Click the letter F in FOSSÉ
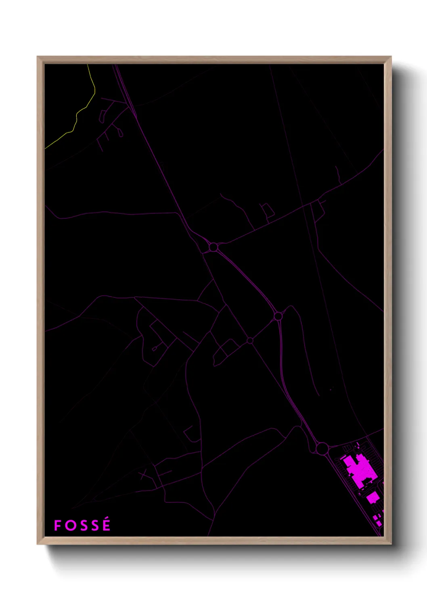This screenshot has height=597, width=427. click(57, 526)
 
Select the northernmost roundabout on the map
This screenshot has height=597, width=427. click(213, 247)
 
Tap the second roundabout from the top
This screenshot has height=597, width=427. click(278, 316)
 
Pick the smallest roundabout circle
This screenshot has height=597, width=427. click(250, 341)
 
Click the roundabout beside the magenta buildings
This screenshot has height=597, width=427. click(322, 448)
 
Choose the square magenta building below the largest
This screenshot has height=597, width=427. click(372, 498)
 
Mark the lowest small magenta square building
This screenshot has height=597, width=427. click(379, 523)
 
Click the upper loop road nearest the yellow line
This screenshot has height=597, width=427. click(103, 116)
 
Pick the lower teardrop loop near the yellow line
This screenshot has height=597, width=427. click(120, 133)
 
